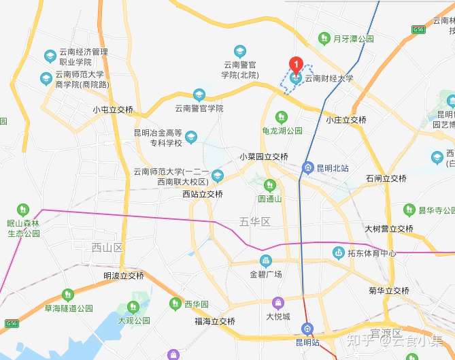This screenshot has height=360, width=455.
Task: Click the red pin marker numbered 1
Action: pos(296,65)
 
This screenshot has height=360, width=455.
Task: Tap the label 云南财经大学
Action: pos(328,79)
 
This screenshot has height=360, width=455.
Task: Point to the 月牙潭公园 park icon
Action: pos(327,39)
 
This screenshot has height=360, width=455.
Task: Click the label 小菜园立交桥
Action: pos(264,157)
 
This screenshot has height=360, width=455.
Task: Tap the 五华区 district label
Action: pos(255,222)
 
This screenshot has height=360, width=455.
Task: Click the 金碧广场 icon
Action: pos(265,261)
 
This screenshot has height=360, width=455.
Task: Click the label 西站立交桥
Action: pos(203,194)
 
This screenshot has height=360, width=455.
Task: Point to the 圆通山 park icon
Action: pos(269,184)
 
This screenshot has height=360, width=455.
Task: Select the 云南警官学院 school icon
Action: pos(199,95)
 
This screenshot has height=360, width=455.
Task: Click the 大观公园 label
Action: pos(133,320)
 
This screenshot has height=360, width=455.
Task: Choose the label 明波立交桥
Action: pos(124,276)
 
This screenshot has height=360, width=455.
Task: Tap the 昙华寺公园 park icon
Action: pos(409,210)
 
